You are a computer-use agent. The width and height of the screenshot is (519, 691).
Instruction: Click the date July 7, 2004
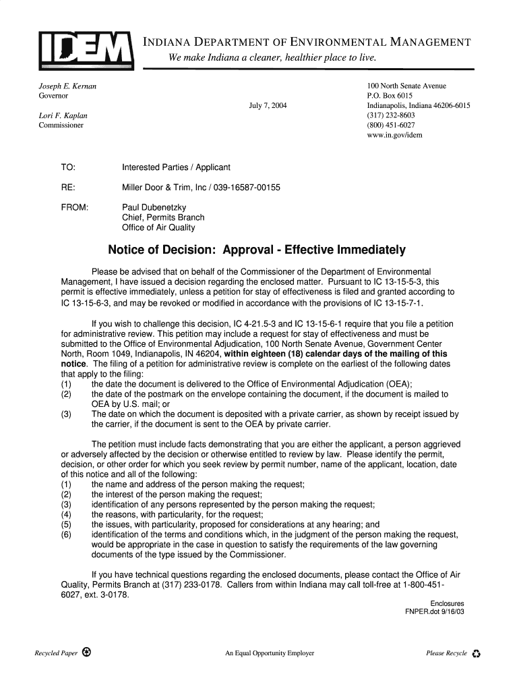click(268, 106)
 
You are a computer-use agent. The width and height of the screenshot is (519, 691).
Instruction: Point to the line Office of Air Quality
click(158, 227)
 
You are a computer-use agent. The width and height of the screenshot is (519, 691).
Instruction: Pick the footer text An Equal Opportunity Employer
click(270, 653)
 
